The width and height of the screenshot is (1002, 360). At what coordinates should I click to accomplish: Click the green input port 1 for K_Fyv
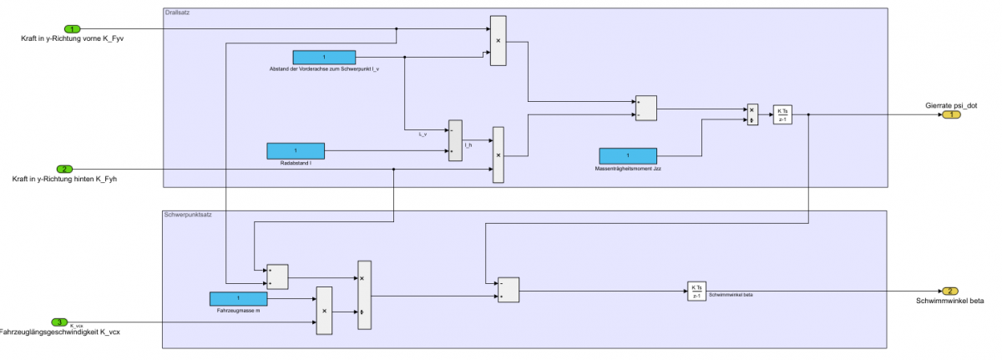73,29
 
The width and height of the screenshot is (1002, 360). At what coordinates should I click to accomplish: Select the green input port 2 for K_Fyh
64,169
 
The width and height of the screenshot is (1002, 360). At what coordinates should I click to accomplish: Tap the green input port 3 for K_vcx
58,322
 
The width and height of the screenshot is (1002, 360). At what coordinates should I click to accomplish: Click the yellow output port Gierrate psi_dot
950,114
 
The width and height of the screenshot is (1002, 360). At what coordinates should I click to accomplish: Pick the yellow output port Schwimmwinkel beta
950,292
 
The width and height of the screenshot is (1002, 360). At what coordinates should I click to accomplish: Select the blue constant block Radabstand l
296,151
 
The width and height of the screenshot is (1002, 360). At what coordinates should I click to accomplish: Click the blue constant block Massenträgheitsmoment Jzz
628,155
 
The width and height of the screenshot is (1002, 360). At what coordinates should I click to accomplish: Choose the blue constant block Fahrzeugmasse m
238,298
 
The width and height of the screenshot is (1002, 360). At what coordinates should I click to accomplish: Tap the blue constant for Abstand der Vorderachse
324,58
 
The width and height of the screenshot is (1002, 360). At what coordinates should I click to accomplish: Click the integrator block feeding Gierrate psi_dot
782,114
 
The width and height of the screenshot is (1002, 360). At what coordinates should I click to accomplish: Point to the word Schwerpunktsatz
188,215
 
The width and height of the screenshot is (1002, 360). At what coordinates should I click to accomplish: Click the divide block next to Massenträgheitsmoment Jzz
752,114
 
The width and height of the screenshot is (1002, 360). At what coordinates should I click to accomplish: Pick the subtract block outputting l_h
455,140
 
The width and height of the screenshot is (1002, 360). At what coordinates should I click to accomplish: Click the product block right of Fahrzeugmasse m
323,311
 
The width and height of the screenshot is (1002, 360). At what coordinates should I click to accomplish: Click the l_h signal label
468,145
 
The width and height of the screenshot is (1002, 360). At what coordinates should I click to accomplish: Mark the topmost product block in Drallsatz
498,40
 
